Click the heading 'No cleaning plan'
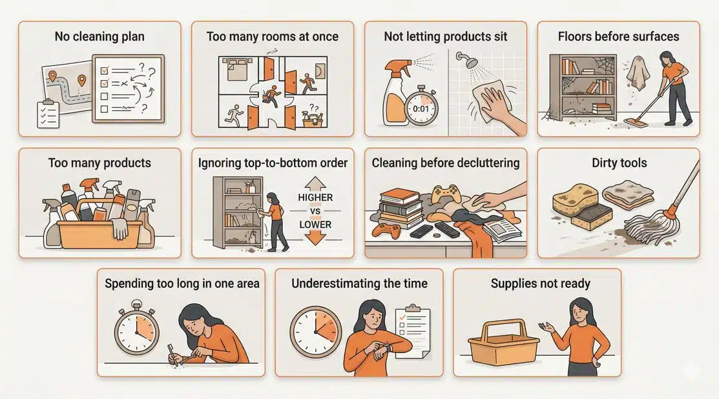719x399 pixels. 99,36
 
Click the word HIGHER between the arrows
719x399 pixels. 316,197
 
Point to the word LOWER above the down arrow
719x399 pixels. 316,225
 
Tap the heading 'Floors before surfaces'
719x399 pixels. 618,36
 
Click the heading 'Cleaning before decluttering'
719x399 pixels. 446,163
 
